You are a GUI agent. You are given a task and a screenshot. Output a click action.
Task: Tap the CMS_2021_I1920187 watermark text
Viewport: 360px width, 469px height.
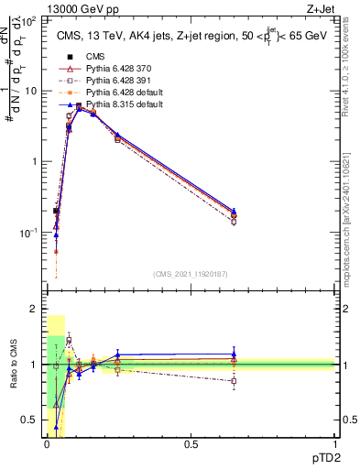click(190, 274)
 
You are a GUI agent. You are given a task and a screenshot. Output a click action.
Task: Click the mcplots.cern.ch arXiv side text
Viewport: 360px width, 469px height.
click(352, 211)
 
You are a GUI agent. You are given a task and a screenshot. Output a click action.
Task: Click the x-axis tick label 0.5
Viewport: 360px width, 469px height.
click(191, 444)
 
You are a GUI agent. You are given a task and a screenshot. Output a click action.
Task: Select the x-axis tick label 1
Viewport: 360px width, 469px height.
click(334, 444)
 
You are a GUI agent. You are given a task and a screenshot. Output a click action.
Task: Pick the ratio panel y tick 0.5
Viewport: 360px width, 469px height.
click(31, 420)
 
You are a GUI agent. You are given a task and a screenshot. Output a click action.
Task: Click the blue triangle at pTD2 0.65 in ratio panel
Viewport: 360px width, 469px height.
click(234, 354)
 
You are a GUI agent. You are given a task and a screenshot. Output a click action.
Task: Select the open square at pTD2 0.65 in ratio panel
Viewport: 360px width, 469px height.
click(234, 381)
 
